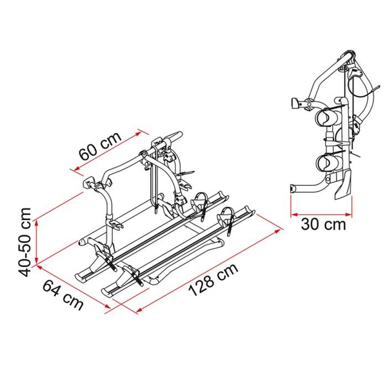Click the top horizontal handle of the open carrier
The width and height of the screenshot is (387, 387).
[169, 138]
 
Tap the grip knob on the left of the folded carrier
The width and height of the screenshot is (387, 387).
[297, 103]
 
